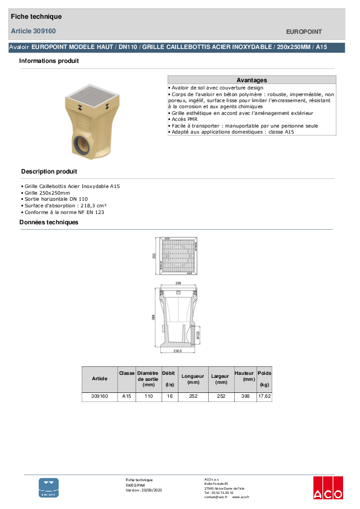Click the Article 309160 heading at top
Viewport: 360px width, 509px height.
(33, 31)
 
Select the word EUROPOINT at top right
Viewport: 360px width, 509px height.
(303, 31)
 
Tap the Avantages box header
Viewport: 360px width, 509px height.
(251, 80)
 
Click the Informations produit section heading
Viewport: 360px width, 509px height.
(49, 61)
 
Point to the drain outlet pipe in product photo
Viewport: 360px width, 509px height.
(80, 146)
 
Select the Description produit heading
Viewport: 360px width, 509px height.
(49, 172)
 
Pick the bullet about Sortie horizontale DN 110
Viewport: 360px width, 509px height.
(56, 199)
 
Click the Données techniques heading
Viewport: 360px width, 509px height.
(49, 222)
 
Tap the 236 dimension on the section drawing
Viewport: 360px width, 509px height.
(178, 283)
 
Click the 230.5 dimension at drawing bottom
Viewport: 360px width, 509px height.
(178, 351)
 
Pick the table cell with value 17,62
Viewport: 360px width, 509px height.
(264, 397)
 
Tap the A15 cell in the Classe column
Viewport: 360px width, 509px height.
(126, 397)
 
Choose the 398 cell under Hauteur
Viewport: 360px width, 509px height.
(244, 397)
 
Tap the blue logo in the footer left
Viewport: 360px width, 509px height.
(49, 487)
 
